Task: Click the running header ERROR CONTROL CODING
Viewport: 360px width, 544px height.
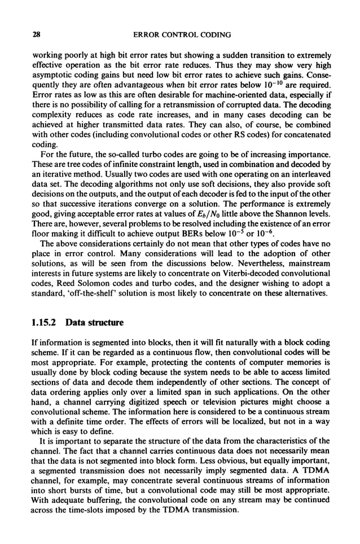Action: pyautogui.click(x=182, y=35)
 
